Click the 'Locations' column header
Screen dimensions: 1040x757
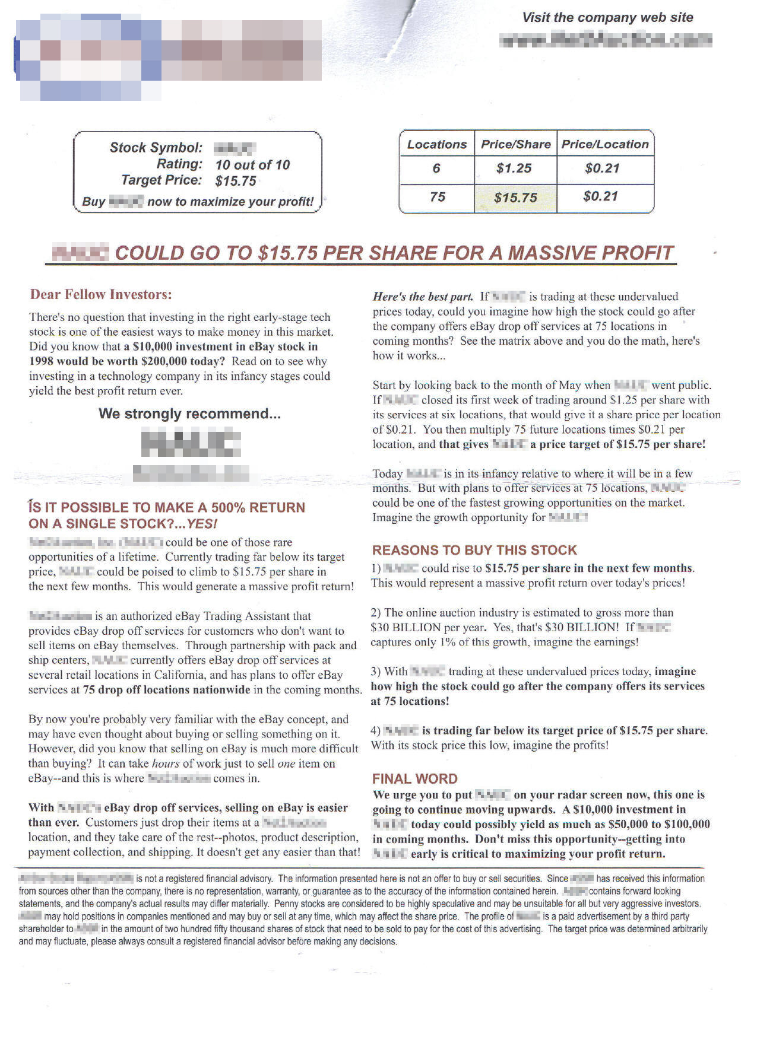(x=437, y=144)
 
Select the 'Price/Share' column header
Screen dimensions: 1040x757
(x=515, y=144)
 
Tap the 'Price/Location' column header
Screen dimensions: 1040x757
(x=605, y=144)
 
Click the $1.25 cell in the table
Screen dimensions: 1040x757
(x=514, y=168)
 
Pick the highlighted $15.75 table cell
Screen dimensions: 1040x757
(x=515, y=198)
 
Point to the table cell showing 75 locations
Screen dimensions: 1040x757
(x=437, y=197)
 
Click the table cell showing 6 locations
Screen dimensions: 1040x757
(x=436, y=168)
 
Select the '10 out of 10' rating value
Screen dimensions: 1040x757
(x=252, y=165)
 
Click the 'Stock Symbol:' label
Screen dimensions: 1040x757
(x=156, y=148)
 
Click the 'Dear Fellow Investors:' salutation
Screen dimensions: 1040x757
(x=101, y=294)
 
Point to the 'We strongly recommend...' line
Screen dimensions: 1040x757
(x=189, y=414)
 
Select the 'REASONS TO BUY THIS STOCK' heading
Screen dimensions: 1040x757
(x=474, y=550)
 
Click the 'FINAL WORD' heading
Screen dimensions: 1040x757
(x=414, y=779)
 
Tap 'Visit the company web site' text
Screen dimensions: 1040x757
(x=607, y=18)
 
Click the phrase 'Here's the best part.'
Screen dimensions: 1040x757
(x=423, y=297)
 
